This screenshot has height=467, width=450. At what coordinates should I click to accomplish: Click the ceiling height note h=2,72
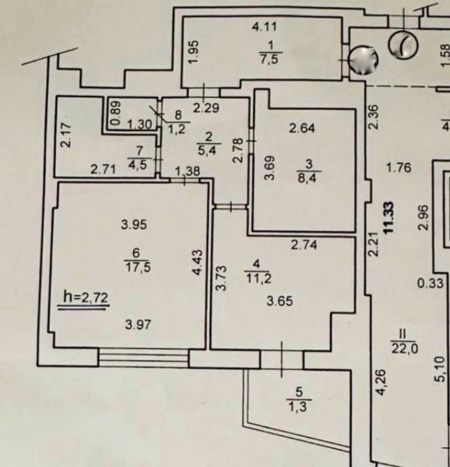point(86,297)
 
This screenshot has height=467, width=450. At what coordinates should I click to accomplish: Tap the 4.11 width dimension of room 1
point(264,26)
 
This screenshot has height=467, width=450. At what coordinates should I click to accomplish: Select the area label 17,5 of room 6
point(138,267)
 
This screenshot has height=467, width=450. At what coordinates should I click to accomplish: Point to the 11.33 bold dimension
point(389,217)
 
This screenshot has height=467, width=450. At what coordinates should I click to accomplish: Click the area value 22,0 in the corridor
point(405,349)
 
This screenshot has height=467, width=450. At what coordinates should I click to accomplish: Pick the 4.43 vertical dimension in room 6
point(198,262)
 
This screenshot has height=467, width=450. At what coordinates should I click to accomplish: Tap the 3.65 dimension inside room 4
point(279,301)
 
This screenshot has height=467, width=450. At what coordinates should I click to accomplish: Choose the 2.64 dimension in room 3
point(302,128)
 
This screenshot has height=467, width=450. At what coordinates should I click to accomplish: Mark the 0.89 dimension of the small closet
point(116,114)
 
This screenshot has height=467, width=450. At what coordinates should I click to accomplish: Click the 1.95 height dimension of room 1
point(193,52)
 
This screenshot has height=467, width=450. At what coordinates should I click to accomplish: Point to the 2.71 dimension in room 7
point(103,170)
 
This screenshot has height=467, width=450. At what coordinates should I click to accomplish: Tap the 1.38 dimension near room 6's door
point(187,171)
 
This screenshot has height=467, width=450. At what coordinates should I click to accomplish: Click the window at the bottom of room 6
point(143,358)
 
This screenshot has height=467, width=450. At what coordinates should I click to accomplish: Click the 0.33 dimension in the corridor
point(430,283)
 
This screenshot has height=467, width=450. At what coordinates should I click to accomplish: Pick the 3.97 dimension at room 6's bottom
point(138,324)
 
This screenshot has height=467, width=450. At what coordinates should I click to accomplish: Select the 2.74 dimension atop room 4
point(304,245)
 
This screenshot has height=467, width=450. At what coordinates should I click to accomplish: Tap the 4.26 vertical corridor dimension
point(381,383)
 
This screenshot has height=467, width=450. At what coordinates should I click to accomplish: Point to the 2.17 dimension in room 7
point(66,135)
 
